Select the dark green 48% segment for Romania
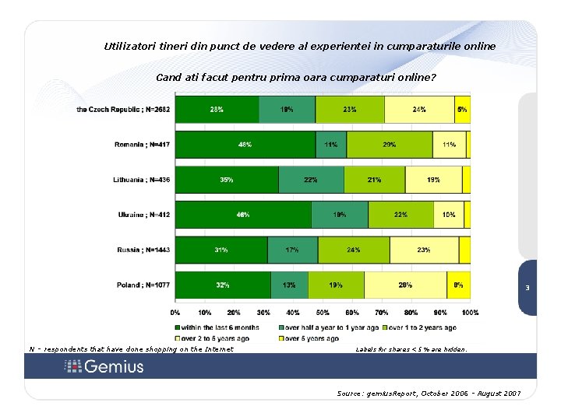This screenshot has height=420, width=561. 245,145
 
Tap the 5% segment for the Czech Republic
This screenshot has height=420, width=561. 462,110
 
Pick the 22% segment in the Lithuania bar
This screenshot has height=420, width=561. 311,180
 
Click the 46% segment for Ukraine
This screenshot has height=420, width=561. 243,215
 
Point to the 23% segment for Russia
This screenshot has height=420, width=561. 424,250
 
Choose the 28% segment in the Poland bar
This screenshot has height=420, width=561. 405,285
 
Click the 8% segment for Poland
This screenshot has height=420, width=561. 459,285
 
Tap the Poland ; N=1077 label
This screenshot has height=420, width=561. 141,285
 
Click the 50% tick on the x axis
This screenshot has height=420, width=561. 322,313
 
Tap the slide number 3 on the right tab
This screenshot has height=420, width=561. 527,289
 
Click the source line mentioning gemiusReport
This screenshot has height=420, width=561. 429,394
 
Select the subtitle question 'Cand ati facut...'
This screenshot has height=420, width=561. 296,78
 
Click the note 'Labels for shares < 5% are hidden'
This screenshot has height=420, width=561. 411,350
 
